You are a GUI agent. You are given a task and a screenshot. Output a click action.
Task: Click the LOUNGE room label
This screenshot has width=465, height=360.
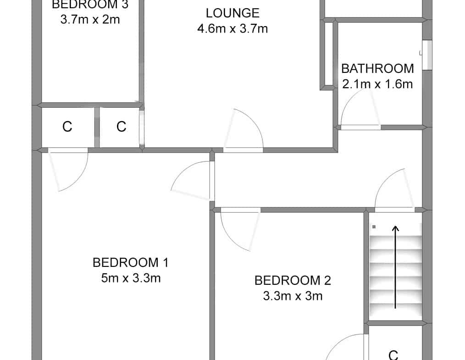232,13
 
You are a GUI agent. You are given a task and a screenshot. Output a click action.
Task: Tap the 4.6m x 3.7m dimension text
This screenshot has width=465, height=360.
232,29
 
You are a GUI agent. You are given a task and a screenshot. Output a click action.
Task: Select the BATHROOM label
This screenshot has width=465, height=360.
377,68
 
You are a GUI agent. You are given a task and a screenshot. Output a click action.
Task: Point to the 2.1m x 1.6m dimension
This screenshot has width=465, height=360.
377,84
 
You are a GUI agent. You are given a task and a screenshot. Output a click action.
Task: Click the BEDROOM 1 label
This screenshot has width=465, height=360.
131,263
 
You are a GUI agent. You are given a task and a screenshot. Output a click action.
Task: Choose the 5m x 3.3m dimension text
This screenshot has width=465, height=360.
131,278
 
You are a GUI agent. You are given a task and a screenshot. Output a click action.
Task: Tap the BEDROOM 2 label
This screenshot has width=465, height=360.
293,281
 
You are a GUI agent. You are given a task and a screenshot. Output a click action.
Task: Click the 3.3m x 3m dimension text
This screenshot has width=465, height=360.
293,296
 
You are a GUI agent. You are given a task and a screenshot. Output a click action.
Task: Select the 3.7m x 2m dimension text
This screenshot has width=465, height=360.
90,20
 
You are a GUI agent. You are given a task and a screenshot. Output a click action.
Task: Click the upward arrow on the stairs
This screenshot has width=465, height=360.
395,267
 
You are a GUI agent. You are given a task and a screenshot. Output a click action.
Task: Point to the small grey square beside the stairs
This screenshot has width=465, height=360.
374,227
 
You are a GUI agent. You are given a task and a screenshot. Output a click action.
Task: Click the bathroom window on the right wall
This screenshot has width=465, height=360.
427,55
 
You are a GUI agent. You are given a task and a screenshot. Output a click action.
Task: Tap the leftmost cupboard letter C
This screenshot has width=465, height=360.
67,127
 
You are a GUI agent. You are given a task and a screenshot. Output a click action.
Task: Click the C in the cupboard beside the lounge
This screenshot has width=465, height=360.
121,127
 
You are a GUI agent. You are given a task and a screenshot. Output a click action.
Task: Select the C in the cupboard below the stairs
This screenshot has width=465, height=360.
393,355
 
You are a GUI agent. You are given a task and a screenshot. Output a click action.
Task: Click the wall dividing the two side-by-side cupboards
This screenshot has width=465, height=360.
97,127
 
